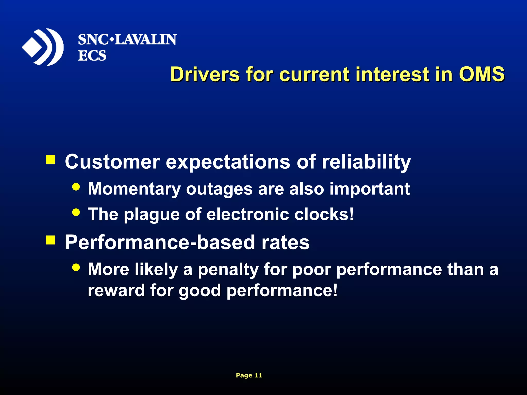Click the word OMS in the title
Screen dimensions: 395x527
(x=482, y=74)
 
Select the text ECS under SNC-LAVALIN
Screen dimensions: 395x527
(x=92, y=56)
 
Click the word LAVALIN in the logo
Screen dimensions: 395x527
(x=145, y=40)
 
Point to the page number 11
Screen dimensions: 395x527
(x=258, y=375)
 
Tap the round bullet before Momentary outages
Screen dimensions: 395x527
(x=76, y=187)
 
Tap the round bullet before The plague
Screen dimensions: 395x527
(x=76, y=212)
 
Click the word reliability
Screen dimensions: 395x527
(x=366, y=162)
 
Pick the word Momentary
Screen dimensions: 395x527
(x=134, y=189)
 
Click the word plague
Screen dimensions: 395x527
(x=152, y=214)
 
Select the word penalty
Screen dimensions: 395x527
(x=228, y=270)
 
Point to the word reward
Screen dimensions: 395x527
(x=116, y=290)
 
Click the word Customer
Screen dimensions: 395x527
(x=112, y=162)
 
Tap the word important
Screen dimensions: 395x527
(x=370, y=189)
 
